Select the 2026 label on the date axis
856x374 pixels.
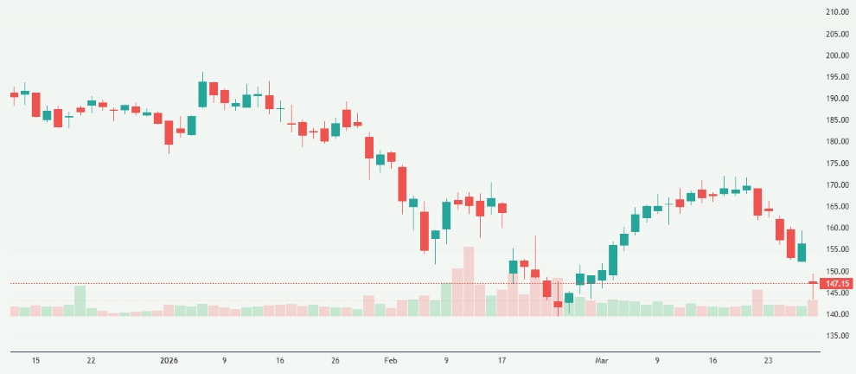(168, 359)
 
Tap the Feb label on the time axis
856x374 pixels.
(390, 359)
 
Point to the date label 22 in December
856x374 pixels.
(91, 359)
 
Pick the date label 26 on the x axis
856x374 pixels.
(335, 359)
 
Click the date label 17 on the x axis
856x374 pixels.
(501, 359)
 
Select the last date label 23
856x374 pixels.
(768, 359)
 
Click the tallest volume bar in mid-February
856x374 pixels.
(469, 281)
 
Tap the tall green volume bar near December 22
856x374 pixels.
(80, 300)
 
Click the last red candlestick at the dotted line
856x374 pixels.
(813, 282)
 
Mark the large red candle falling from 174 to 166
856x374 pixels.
(402, 184)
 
